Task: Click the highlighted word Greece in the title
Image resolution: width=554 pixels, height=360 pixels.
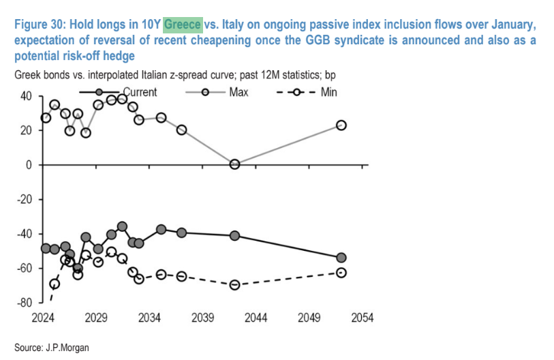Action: (x=183, y=25)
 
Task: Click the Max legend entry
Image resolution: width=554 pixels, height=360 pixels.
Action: (x=234, y=92)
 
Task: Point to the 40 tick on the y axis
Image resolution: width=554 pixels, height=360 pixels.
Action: (x=25, y=96)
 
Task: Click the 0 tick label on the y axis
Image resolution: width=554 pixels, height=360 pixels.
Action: (x=28, y=165)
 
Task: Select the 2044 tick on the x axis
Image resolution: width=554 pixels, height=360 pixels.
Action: (x=256, y=318)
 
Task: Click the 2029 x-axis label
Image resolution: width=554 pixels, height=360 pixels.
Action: (x=96, y=318)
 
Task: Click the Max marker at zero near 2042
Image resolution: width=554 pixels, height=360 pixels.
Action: (x=235, y=164)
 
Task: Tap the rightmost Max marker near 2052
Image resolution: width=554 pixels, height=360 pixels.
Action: (x=341, y=125)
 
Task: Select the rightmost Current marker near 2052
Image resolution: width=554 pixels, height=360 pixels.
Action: (x=341, y=258)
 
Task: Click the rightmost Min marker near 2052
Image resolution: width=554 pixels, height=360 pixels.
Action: (x=341, y=273)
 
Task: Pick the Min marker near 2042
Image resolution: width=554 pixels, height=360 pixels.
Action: (x=235, y=285)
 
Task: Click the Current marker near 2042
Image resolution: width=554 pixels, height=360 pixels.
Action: (x=235, y=236)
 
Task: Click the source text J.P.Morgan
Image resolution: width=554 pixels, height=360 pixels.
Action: (x=64, y=348)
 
